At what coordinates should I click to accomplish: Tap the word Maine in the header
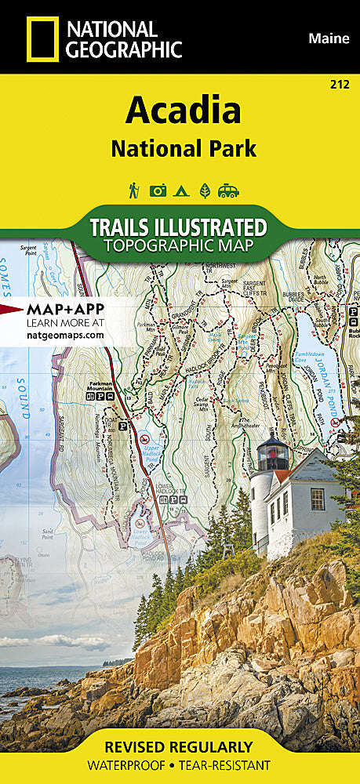click(x=329, y=38)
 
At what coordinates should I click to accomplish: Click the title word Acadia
click(x=183, y=111)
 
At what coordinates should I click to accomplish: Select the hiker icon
click(x=135, y=190)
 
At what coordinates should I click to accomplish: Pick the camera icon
click(x=158, y=190)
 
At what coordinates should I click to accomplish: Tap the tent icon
click(x=180, y=190)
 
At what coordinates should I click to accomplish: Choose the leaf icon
click(x=205, y=190)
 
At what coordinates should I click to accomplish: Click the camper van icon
click(x=228, y=190)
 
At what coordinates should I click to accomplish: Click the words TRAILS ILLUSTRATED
click(x=178, y=227)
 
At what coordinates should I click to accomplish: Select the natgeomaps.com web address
click(x=65, y=334)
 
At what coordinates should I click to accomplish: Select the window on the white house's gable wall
click(x=317, y=499)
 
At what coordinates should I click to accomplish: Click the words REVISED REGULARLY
click(x=180, y=746)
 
